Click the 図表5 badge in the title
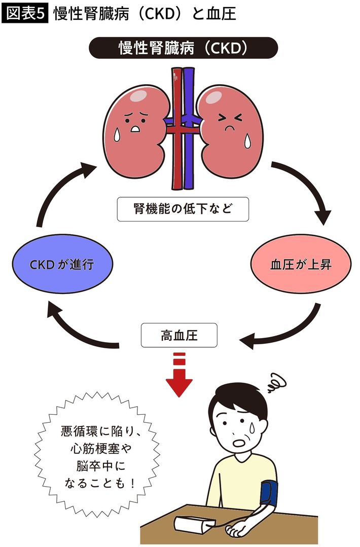[25, 14]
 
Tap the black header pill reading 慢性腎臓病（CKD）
[183, 48]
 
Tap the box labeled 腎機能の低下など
[183, 209]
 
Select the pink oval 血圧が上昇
[301, 264]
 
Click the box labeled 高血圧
[178, 335]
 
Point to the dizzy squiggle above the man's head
[277, 383]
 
